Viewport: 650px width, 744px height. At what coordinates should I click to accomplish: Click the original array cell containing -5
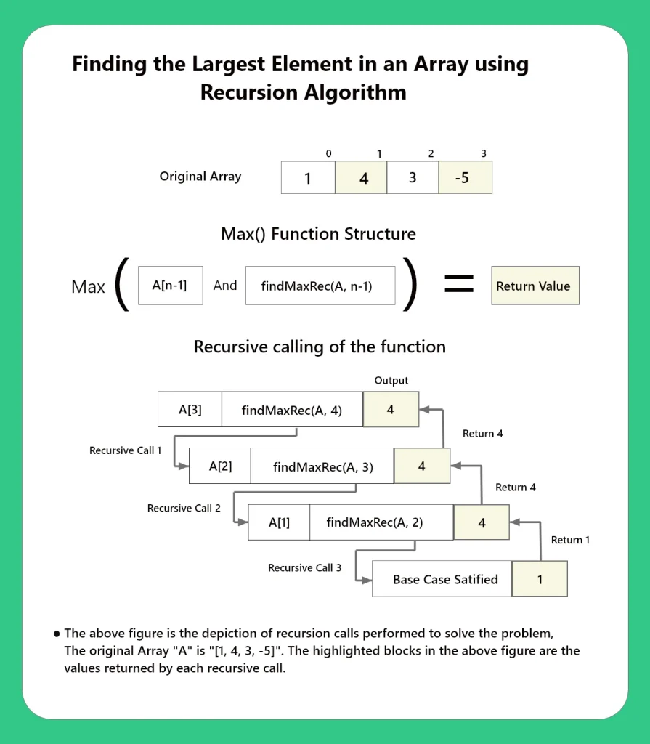tap(465, 177)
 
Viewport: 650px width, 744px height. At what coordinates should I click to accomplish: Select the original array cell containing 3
tap(413, 177)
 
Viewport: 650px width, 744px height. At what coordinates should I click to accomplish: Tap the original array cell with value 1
tap(308, 177)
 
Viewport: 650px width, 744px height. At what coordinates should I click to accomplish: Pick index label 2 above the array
tap(431, 154)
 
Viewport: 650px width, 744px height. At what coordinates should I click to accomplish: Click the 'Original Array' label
tap(200, 177)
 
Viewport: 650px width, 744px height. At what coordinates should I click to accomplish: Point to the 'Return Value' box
tap(535, 286)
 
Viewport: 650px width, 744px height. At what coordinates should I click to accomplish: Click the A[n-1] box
tap(170, 286)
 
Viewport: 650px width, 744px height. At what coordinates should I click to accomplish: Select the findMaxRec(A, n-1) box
tap(320, 286)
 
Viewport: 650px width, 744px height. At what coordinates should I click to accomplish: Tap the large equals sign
tap(458, 284)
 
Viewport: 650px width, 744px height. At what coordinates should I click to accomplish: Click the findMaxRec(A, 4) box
tap(292, 410)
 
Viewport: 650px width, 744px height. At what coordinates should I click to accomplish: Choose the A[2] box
tap(220, 466)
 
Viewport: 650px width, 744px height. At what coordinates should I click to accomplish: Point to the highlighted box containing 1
tap(540, 579)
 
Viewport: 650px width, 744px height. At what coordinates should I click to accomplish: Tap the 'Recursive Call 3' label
tap(304, 567)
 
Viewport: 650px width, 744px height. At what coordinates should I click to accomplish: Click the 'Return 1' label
tap(571, 540)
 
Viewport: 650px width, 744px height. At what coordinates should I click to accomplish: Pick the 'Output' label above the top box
tap(391, 381)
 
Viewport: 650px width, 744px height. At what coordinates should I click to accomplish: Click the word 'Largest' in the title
tap(227, 65)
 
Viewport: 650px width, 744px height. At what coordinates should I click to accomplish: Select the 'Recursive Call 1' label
tap(126, 450)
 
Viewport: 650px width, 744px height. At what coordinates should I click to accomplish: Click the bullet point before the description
tap(56, 634)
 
